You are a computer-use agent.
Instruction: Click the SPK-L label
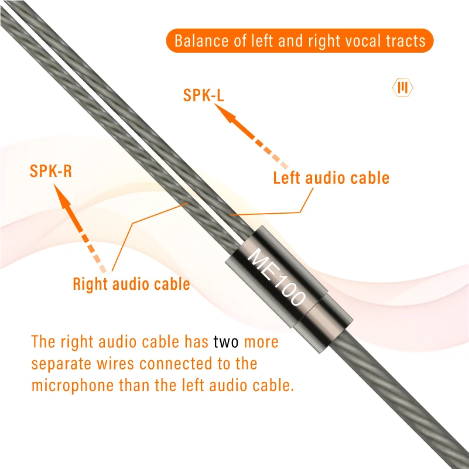click(x=204, y=95)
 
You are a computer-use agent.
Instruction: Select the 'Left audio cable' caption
click(x=331, y=177)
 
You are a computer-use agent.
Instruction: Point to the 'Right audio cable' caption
click(x=131, y=284)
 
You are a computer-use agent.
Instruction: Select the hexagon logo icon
click(x=402, y=88)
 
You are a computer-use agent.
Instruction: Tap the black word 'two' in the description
click(x=226, y=341)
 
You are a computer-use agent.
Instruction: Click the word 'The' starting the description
click(x=43, y=341)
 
